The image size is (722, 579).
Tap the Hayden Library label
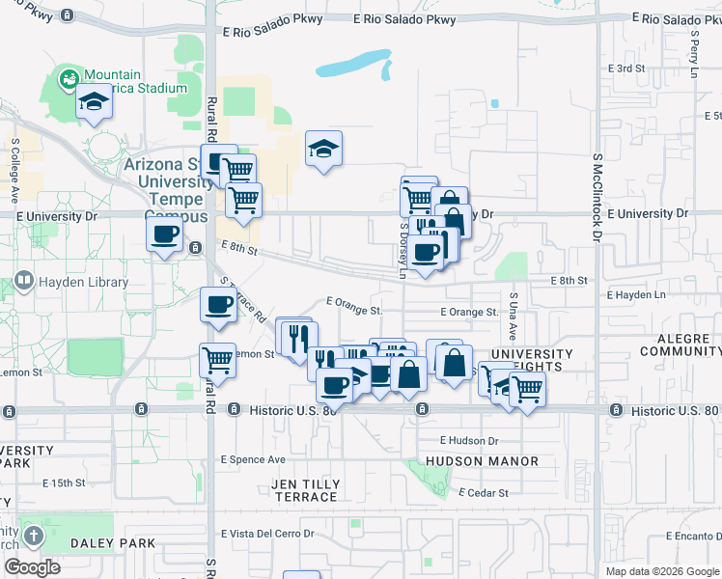click(84, 283)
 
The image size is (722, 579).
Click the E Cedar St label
click(484, 493)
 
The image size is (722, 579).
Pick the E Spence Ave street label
click(253, 459)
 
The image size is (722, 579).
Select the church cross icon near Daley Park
click(33, 536)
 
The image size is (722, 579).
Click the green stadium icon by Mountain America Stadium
click(68, 79)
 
